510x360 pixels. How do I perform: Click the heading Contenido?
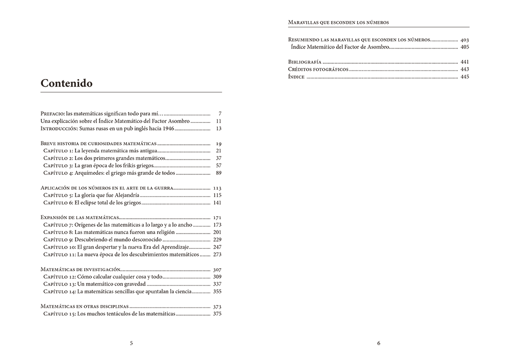[x=66, y=83]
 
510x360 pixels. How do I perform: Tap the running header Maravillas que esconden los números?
[x=338, y=22]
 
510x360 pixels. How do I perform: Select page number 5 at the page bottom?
[x=132, y=343]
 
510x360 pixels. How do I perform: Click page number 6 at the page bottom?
[x=378, y=343]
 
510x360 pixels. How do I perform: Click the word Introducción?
[x=59, y=128]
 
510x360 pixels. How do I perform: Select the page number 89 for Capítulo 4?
[x=219, y=173]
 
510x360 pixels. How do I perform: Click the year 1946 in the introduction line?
[x=168, y=128]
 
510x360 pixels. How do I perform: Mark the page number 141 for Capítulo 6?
[x=217, y=202]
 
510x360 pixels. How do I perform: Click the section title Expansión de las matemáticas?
[x=80, y=218]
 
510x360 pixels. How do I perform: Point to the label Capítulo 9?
[x=58, y=240]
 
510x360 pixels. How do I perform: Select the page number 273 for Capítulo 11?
[x=217, y=254]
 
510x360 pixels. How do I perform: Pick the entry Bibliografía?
[x=305, y=62]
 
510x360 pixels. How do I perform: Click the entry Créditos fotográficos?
[x=318, y=69]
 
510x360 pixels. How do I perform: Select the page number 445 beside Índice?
[x=465, y=77]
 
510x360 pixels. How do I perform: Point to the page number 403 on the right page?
[x=465, y=40]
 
